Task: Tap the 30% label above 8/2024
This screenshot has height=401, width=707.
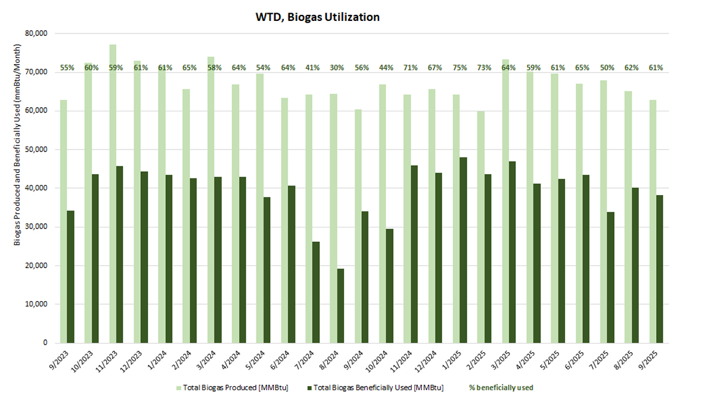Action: (x=337, y=68)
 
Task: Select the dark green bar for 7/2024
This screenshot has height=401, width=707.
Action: (x=316, y=292)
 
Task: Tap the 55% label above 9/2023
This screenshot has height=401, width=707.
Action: (x=67, y=68)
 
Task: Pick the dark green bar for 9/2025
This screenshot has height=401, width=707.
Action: (x=660, y=269)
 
